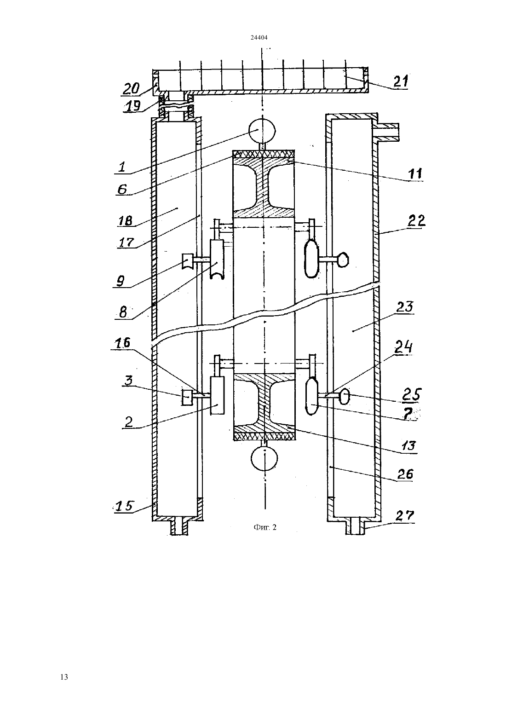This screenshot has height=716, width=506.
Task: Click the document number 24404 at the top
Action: coord(259,37)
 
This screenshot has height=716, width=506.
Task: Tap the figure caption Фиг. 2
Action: coord(265,527)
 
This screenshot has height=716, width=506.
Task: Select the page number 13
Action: coord(64,677)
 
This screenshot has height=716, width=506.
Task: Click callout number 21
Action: coord(401,81)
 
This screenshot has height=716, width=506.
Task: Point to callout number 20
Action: coord(131,88)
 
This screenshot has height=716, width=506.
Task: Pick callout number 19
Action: coord(132,105)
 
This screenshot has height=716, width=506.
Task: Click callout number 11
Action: coord(415,173)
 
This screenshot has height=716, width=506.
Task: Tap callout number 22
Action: coord(417,221)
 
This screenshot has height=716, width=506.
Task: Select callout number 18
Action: coord(125,220)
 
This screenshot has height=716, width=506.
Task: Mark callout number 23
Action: coord(405,307)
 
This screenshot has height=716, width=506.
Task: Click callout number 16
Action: coord(123,343)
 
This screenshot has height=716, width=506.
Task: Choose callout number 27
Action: coord(405,515)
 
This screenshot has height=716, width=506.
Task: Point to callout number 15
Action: coord(124,506)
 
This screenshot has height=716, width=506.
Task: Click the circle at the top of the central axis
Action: coord(262,130)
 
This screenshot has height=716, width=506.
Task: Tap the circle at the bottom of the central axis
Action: coord(264,458)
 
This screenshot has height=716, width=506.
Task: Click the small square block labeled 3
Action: coord(187,397)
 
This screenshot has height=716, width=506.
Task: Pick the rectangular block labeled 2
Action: coord(217,396)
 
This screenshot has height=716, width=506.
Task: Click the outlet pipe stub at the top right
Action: coord(388,131)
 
